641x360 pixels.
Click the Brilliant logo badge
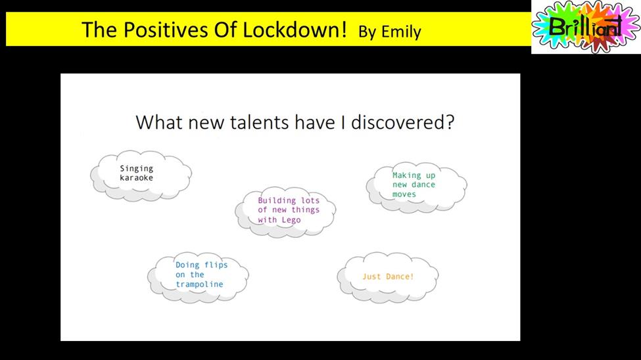[x=586, y=26]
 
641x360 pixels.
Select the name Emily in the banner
[x=401, y=32]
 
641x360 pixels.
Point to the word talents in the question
[x=260, y=122]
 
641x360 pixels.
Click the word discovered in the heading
[x=398, y=122]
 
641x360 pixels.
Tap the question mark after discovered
[x=450, y=122]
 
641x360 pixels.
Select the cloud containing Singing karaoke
[x=141, y=175]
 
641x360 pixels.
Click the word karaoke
[x=137, y=178]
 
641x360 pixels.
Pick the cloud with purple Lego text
[x=285, y=212]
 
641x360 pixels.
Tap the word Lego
[x=291, y=220]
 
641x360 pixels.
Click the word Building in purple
[x=277, y=200]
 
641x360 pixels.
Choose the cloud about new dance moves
[x=417, y=188]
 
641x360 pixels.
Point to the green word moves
[x=404, y=194]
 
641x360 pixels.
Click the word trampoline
[x=199, y=284]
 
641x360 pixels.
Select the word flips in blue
[x=216, y=265]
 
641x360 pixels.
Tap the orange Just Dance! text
[x=388, y=277]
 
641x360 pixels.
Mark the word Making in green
[x=407, y=175]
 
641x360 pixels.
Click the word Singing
[x=137, y=169]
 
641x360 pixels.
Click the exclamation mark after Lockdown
[x=344, y=30]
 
